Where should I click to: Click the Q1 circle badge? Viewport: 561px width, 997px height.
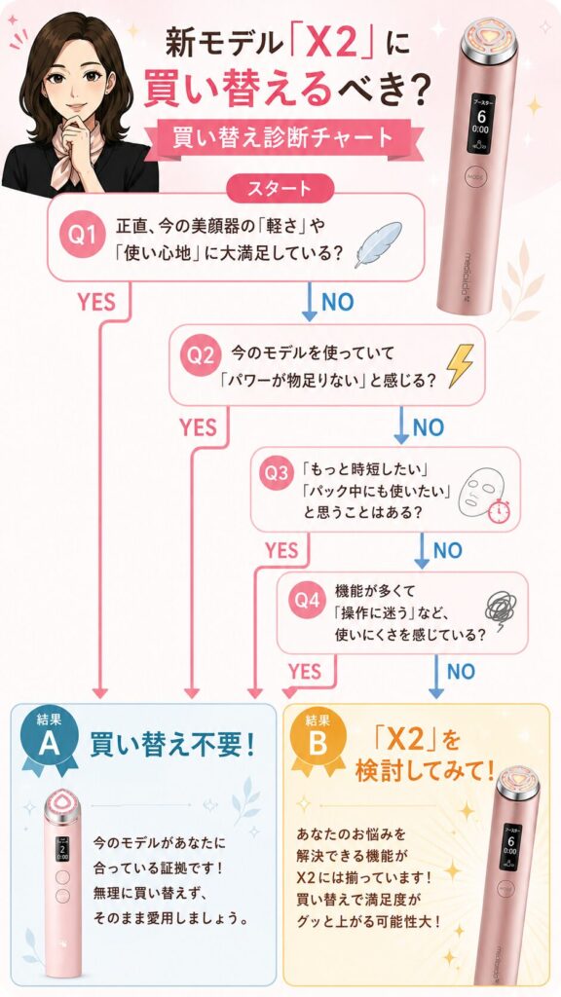(84, 236)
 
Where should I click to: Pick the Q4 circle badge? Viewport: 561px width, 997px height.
(307, 600)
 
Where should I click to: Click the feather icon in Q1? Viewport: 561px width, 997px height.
(378, 244)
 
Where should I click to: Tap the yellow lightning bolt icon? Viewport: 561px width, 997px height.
(460, 365)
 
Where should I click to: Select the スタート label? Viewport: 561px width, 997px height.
(280, 188)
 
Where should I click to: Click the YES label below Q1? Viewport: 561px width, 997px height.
(96, 302)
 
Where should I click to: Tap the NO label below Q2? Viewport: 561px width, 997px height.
(428, 428)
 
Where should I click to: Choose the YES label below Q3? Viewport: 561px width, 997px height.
(281, 550)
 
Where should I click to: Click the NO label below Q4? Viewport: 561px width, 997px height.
(461, 672)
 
